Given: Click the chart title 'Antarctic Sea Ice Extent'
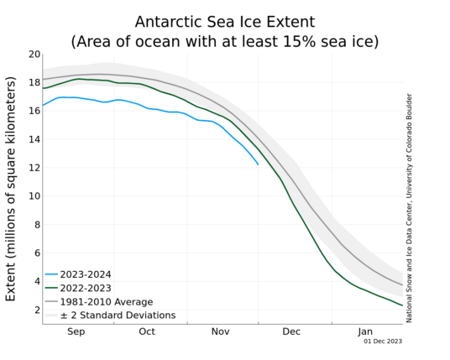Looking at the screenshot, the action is pos(225,22).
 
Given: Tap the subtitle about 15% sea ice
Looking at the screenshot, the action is pos(225,42).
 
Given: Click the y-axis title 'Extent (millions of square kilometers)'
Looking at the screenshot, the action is pos(10,189).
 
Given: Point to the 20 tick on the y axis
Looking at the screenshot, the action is pos(34,55).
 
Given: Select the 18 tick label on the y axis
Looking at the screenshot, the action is pos(34,82).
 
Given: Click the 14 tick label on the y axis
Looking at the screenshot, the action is pos(34,139).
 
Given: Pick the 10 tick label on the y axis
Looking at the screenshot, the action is pos(34,196).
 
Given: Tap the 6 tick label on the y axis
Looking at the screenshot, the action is pos(38,253).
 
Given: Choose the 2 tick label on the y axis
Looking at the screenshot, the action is pos(38,310).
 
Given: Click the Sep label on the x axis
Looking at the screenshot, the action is pos(76,332).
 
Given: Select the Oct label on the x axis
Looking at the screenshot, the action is pos(147,331).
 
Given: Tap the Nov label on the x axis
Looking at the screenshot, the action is pos(221,331).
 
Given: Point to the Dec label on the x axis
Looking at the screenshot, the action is pos(291,331).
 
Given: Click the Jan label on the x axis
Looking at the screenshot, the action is pos(365,332).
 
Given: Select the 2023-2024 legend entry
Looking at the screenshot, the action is pos(78,274).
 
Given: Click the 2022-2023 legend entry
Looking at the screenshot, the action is pos(78,288).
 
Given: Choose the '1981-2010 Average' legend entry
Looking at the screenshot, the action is pos(99,302).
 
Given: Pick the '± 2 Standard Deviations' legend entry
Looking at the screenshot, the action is pos(111,316).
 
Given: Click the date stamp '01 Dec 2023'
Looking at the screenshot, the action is pos(383,342).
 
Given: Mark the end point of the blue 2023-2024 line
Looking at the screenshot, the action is pos(258,164).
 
